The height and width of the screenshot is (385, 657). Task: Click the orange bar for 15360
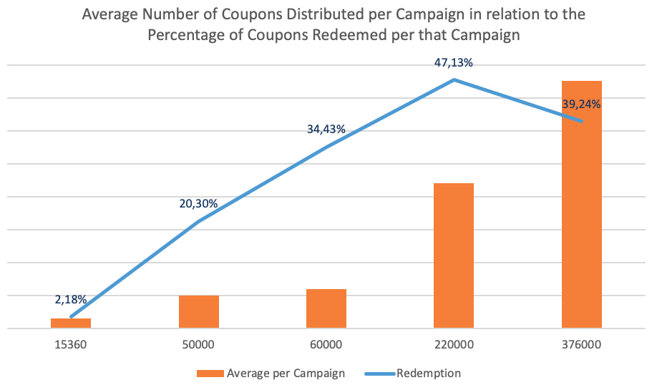click(71, 323)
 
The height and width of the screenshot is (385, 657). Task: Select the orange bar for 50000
click(198, 312)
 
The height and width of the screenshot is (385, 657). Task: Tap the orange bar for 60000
click(326, 308)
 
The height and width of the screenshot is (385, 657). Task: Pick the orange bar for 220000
click(454, 255)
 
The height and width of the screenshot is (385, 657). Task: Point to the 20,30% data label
click(198, 204)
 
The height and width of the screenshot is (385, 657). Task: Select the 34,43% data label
click(326, 130)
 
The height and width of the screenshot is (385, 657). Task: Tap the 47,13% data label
click(453, 63)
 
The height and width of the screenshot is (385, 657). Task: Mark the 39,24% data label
click(581, 104)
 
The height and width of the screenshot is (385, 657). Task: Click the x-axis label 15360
click(71, 344)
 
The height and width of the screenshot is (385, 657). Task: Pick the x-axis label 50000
click(198, 344)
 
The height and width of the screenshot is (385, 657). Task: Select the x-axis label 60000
click(326, 344)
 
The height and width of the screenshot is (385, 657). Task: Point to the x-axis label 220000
click(454, 344)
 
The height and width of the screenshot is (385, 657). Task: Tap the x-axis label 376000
click(581, 344)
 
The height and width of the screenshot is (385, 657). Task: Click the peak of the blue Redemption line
click(454, 79)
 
